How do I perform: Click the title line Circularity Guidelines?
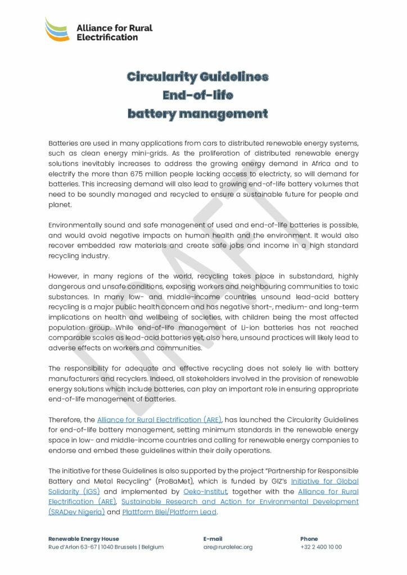coord(197,76)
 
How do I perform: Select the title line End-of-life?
coord(197,95)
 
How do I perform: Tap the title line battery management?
coord(197,114)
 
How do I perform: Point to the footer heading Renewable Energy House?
coord(84,539)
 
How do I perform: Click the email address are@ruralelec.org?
coord(228,547)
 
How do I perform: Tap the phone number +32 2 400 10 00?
coord(321,547)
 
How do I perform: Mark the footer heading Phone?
coord(309,539)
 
